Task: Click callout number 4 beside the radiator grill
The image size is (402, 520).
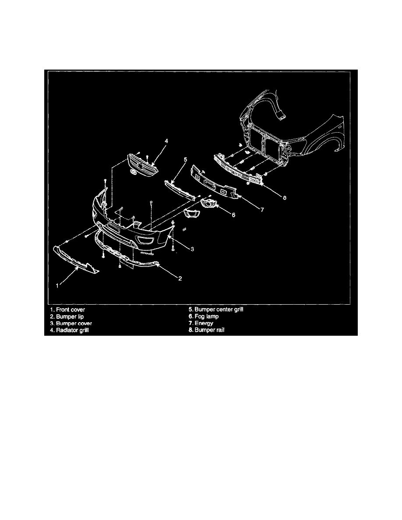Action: (x=166, y=141)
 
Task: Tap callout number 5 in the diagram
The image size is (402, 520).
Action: (x=185, y=160)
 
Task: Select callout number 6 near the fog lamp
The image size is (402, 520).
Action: (x=233, y=215)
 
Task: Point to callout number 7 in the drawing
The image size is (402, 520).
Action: (x=262, y=210)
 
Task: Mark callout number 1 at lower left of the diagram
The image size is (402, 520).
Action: (x=57, y=285)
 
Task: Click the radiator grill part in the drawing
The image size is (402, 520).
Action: (x=142, y=165)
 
